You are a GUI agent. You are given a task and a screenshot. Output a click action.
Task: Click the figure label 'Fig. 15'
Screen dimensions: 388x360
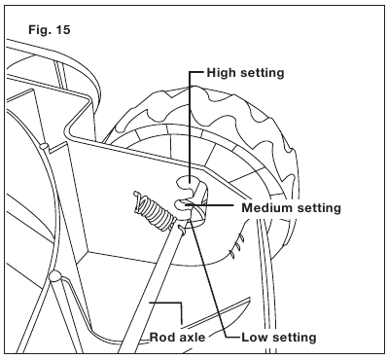click(50, 30)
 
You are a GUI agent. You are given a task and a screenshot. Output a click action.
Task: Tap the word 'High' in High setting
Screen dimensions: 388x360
click(223, 73)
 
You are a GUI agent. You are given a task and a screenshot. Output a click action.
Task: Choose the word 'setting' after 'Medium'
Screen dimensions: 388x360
click(319, 208)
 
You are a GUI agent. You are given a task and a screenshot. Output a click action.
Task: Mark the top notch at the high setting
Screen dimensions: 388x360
click(186, 182)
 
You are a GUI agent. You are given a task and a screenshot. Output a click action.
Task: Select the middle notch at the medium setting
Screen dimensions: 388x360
click(182, 204)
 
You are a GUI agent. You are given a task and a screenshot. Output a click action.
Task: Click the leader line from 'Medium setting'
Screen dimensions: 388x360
click(209, 205)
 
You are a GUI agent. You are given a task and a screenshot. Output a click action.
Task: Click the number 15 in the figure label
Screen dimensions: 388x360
click(63, 30)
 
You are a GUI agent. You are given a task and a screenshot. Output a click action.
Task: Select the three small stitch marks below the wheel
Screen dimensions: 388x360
click(236, 247)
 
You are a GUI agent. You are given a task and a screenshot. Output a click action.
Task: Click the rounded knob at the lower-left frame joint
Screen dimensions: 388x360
click(54, 275)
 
